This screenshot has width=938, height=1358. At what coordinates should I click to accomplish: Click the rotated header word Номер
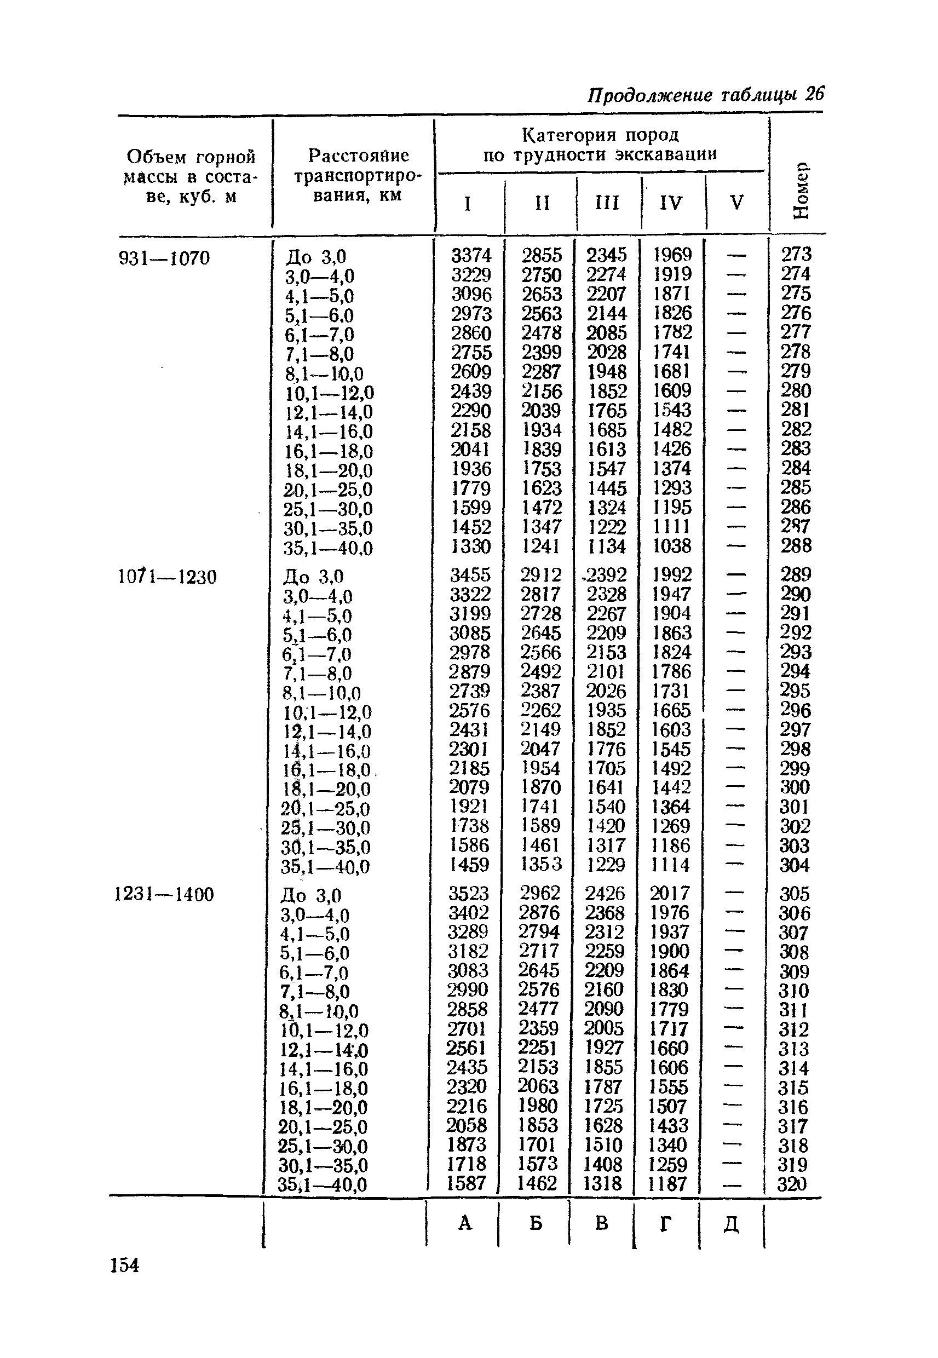point(801,190)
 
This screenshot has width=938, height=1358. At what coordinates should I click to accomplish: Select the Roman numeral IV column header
point(671,203)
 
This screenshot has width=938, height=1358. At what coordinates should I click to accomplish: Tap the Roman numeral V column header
point(736,203)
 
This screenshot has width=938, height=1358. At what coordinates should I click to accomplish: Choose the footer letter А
point(465,1223)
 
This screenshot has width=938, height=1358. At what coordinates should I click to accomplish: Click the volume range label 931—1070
point(164,258)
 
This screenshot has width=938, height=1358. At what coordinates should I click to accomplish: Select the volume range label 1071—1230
point(167,577)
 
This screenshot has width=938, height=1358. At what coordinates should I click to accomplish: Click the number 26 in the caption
point(815,94)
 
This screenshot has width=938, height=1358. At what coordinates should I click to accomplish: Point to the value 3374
point(471,255)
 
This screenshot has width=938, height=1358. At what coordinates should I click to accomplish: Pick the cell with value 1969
point(673,255)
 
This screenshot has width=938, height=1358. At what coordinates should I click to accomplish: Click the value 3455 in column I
point(470,574)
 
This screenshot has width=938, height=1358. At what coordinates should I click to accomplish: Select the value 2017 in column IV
point(669,893)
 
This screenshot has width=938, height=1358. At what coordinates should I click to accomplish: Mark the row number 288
point(796,546)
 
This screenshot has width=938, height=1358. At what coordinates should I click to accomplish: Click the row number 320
point(792,1184)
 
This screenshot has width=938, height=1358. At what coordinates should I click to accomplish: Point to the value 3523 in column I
point(468,893)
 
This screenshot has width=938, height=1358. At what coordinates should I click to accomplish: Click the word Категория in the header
point(569,136)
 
